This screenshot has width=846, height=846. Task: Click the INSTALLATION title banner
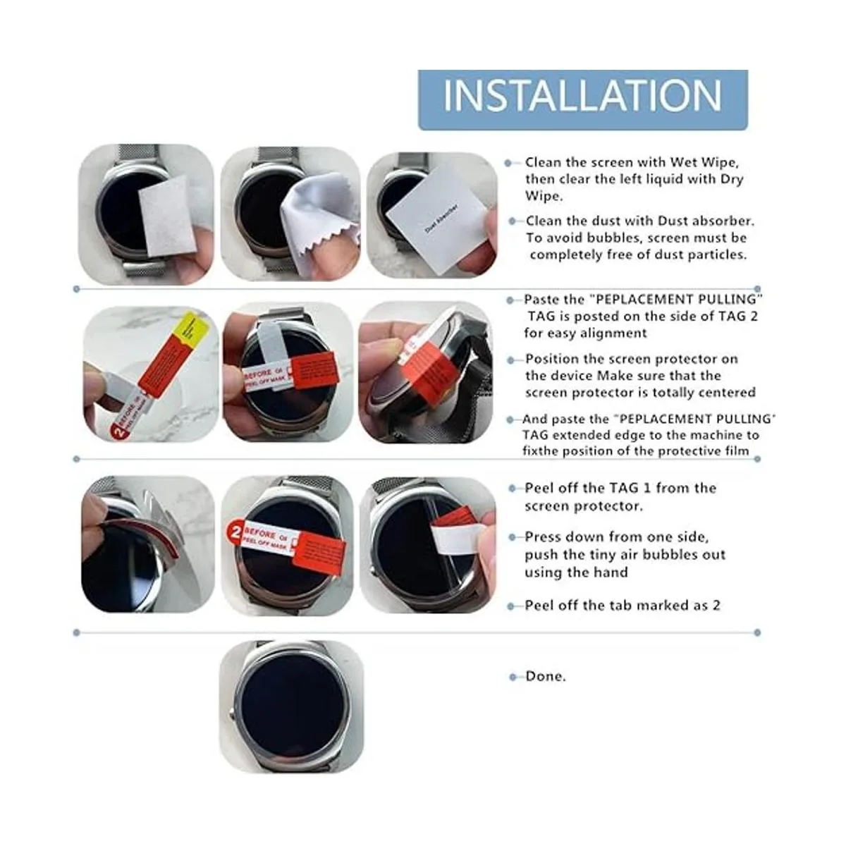point(582,99)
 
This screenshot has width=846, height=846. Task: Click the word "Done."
point(546,676)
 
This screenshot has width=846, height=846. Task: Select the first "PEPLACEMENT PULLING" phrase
point(676,299)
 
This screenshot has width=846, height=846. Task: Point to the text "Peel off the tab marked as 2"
point(623,606)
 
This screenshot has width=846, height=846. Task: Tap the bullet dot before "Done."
point(513,677)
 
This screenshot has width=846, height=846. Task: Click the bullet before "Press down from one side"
point(512,537)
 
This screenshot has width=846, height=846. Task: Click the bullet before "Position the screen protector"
point(510,360)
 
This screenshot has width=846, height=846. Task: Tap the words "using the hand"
point(576,572)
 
